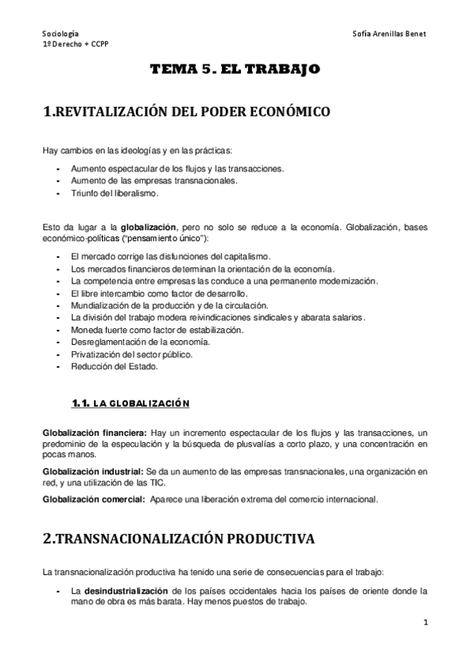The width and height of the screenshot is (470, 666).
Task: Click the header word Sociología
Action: point(60,34)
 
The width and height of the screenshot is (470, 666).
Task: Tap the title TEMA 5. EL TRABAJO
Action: point(235,70)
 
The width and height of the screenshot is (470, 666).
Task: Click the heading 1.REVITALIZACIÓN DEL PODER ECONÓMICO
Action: point(186,112)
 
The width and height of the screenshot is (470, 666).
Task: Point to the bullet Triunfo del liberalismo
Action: point(115,193)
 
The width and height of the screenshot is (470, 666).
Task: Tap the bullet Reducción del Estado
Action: point(114,366)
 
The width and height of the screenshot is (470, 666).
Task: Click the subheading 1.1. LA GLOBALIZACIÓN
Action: point(131,404)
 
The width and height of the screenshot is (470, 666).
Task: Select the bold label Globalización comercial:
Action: point(94,499)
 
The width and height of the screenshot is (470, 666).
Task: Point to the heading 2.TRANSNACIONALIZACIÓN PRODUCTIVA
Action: point(178,539)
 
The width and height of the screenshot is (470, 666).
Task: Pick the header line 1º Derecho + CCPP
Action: point(75,45)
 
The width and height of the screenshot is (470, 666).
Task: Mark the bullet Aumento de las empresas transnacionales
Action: point(154,181)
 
